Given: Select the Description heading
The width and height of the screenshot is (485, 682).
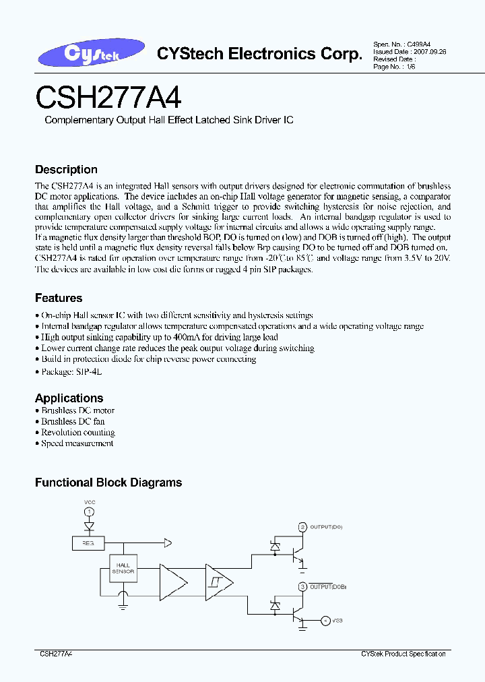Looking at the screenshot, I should pos(66,170).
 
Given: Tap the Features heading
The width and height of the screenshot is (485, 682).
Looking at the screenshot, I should pos(59,298).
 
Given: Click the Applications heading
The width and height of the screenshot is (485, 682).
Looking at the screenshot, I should pos(69,398).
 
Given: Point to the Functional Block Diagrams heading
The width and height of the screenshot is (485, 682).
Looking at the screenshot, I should pos(108,483).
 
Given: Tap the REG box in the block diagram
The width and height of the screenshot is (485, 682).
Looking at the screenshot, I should pos(88,542).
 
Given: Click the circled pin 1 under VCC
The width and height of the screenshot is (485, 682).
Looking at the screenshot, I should pos(89,513).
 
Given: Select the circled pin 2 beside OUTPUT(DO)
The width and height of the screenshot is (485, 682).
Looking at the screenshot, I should pos(302,527).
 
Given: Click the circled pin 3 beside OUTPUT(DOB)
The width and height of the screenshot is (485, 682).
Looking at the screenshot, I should pos(302,587).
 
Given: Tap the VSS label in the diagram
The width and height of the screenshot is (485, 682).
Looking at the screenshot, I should pos(337,620).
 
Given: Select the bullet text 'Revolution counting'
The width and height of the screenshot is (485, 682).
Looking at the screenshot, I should pos(78,433).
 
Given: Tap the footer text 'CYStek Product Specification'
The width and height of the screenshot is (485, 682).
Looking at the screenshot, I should pos(403,654).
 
